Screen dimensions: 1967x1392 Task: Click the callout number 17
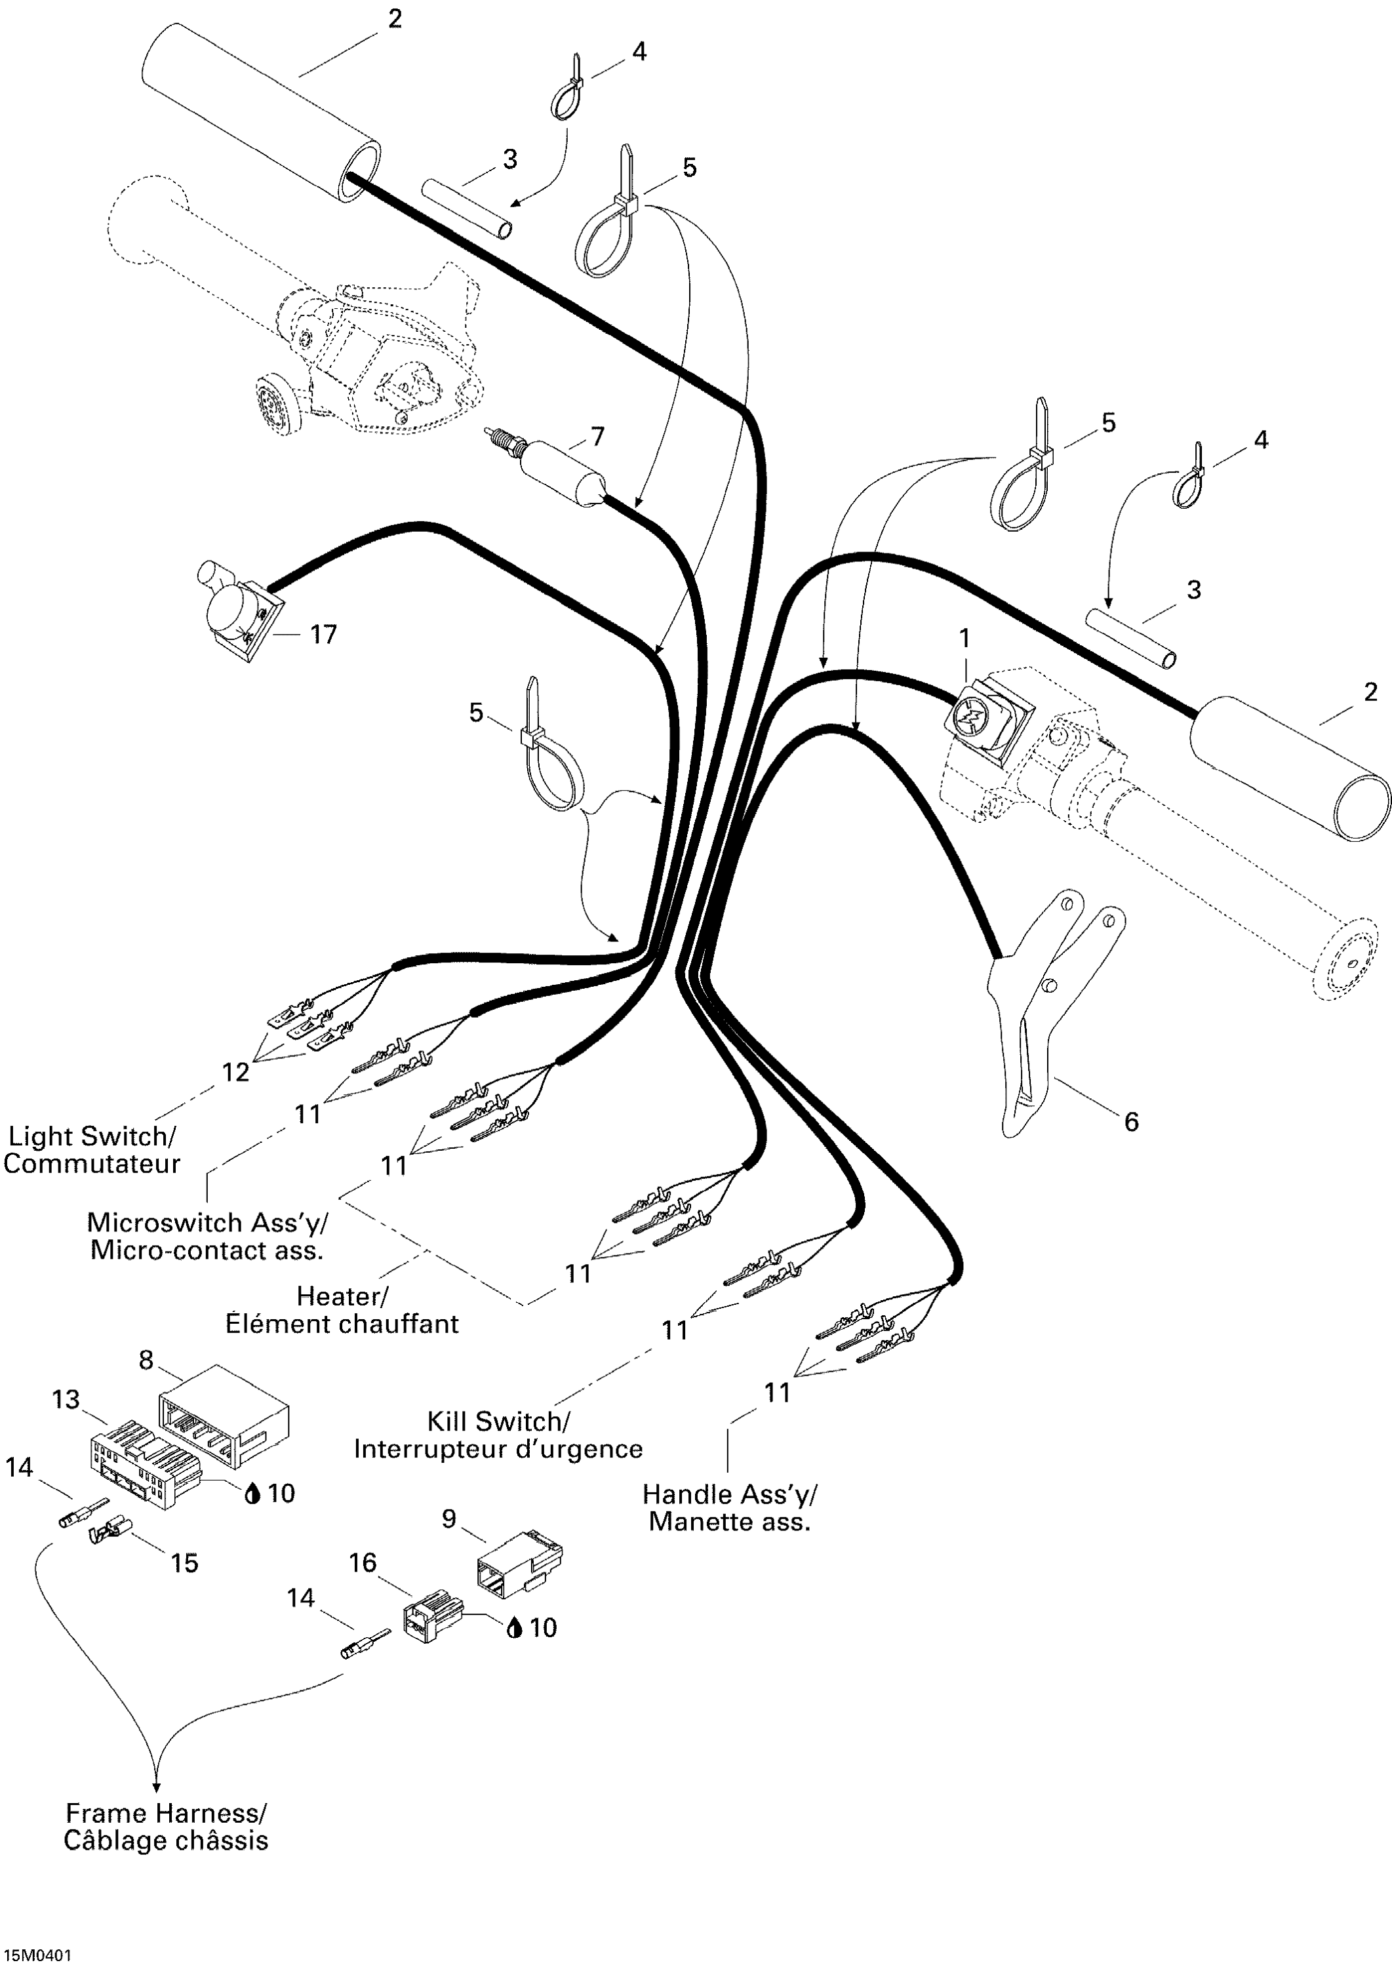click(x=323, y=634)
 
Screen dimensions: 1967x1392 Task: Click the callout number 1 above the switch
click(x=964, y=639)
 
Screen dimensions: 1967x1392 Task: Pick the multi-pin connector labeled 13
click(x=142, y=1462)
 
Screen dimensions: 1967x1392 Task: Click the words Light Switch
click(x=90, y=1136)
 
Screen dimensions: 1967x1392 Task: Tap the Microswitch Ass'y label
click(x=207, y=1222)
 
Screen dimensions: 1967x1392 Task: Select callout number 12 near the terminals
click(x=235, y=1071)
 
